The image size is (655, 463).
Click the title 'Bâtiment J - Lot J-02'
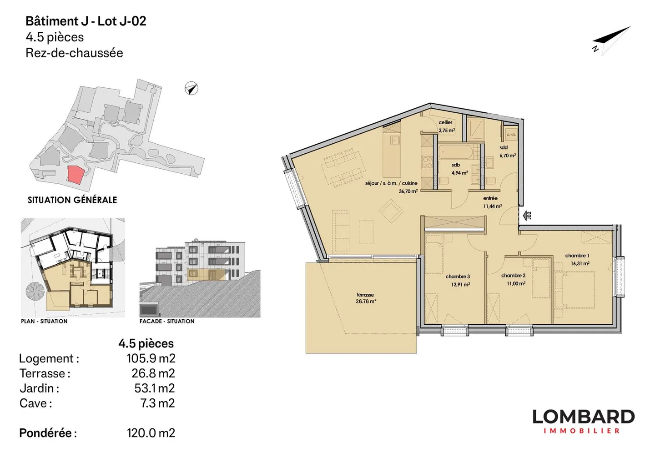86,21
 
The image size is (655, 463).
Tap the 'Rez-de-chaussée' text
74,53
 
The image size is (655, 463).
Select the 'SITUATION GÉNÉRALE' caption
72,200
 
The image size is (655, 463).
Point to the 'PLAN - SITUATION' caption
44,321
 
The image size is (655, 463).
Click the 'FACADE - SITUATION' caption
167,321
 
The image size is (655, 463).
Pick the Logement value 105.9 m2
151,358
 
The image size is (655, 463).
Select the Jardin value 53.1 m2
154,388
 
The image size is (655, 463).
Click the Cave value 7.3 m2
157,403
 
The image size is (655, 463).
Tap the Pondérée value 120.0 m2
151,433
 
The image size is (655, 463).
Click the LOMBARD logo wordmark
583,417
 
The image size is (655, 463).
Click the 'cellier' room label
445,122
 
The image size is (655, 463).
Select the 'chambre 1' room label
577,256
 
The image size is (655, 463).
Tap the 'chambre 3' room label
458,277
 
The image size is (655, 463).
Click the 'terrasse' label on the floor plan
365,295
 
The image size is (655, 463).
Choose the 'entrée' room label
490,198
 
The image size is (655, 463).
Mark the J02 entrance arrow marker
527,215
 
